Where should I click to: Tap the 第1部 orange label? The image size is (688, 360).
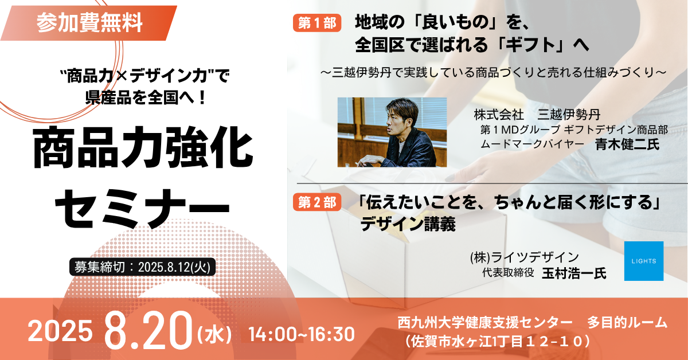tap(317, 23)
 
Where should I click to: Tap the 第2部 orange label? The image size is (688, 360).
tap(317, 202)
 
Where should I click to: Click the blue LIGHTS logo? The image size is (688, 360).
tap(643, 261)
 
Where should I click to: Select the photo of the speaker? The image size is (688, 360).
tap(392, 132)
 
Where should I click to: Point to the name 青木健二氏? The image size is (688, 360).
tap(627, 144)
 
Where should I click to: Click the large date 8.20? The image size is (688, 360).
tap(148, 332)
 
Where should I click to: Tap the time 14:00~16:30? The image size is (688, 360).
tap(301, 332)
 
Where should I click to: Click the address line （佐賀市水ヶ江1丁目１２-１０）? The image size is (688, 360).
tap(498, 342)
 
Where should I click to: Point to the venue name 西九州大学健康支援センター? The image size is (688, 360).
tap(484, 322)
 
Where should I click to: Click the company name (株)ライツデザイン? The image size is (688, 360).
tap(524, 257)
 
